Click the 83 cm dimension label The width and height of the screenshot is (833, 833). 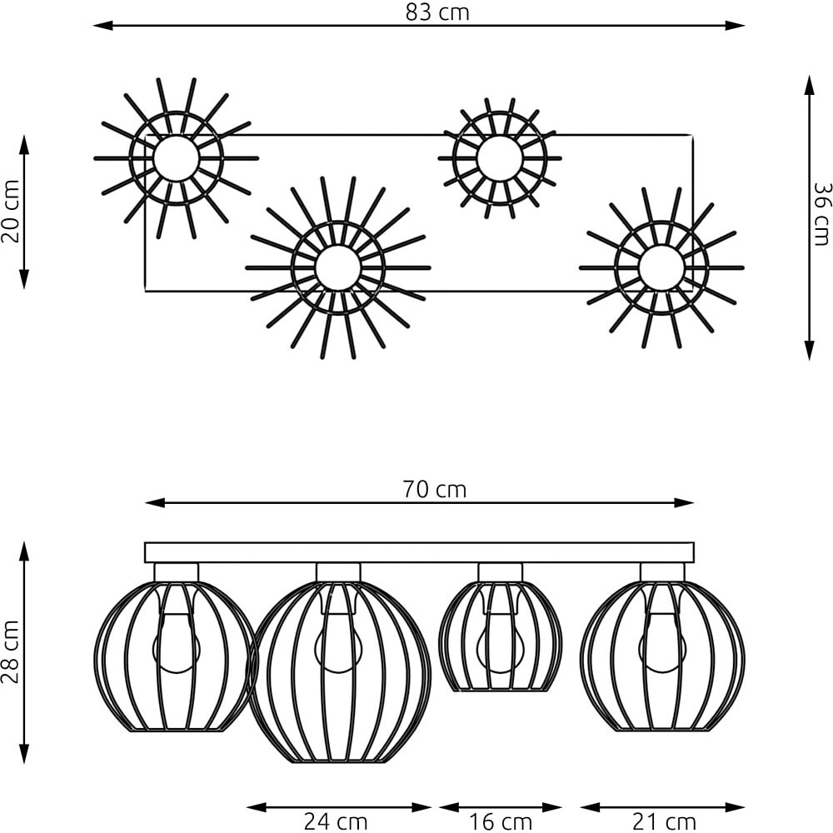pos(437,12)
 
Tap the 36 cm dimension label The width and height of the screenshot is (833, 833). pos(822,214)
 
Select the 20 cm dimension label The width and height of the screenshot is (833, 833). pos(11,211)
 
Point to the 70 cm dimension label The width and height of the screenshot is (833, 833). pos(435,489)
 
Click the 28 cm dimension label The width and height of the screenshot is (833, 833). pos(11,651)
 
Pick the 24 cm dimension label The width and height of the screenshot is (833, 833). pos(335,821)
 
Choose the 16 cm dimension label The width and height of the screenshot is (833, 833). pos(501,821)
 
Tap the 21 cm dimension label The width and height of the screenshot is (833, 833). pos(664,821)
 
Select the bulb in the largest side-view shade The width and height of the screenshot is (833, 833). pos(338,643)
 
